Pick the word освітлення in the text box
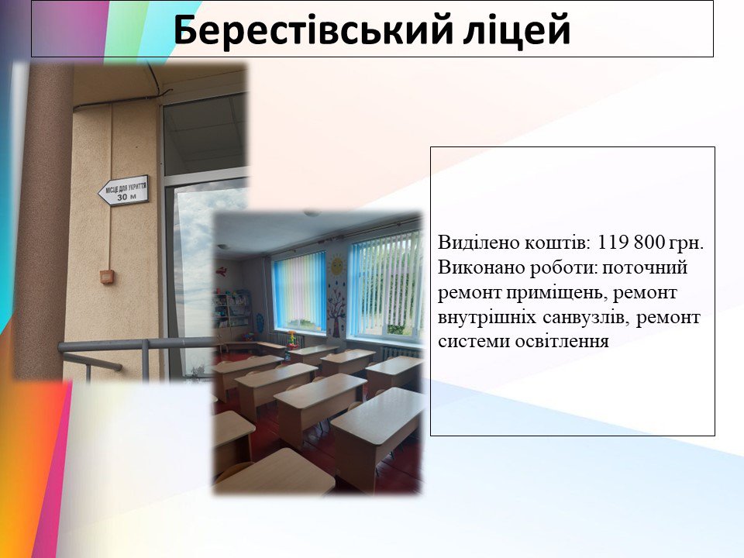pos(562,342)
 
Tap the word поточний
pos(644,267)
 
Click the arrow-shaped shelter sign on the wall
pos(123,191)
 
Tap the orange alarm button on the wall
pos(107,276)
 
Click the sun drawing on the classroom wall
pos(337,265)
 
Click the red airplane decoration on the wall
pos(222,272)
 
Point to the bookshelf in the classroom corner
pos(232,311)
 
